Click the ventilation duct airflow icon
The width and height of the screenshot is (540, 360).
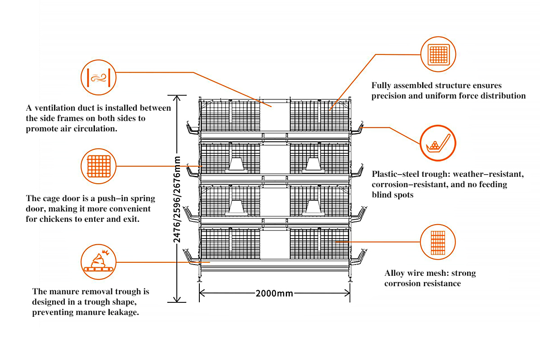98,78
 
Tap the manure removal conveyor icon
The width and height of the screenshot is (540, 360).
98,262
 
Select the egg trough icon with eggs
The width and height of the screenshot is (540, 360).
438,144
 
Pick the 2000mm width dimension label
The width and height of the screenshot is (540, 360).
274,293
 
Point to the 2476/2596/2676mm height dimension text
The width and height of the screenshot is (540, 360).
177,200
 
